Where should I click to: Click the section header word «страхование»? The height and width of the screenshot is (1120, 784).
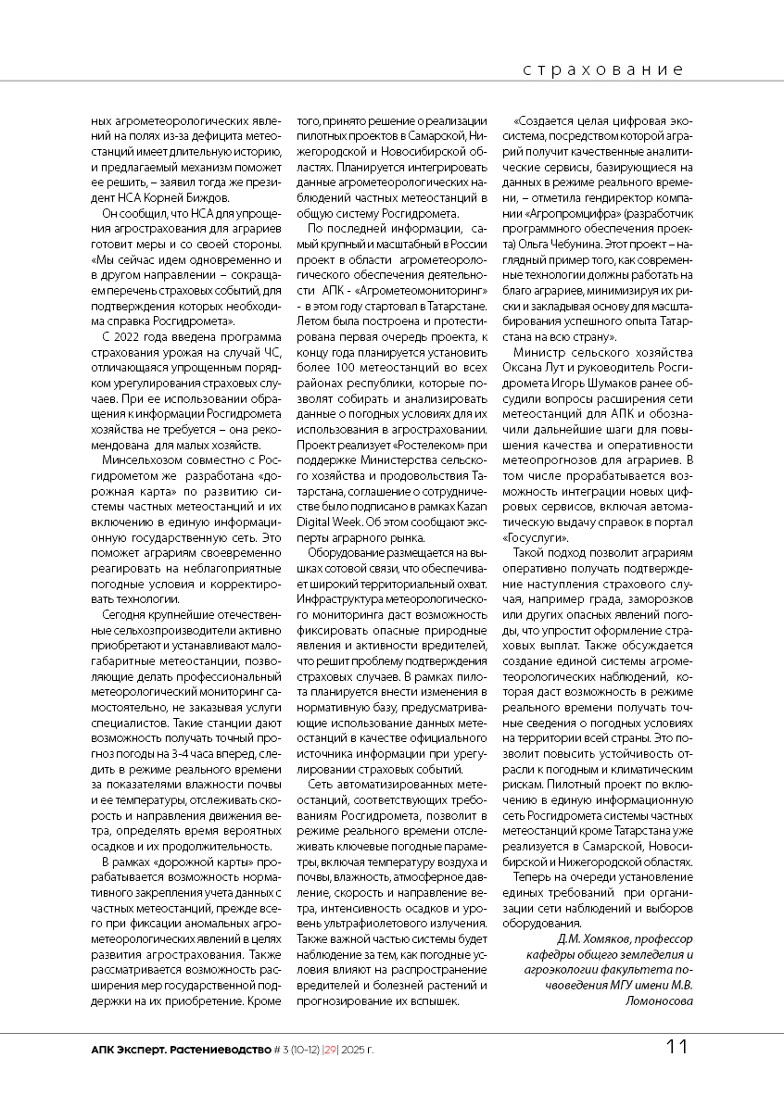[602, 70]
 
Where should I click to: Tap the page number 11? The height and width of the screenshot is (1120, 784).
[677, 1048]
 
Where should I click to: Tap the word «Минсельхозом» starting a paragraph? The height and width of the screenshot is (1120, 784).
[145, 458]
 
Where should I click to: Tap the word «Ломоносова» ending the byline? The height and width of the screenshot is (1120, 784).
[659, 1000]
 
